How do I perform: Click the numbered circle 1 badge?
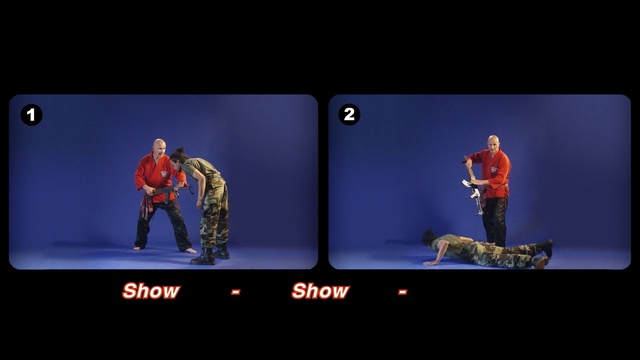[x=31, y=115]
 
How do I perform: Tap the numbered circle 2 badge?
[x=349, y=114]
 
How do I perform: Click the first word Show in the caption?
[x=151, y=291]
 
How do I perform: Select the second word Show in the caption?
[x=320, y=291]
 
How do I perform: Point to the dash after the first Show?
[x=236, y=291]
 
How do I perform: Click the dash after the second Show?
[x=402, y=291]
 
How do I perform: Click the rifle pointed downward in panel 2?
[x=474, y=187]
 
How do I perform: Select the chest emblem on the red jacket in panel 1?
[x=164, y=174]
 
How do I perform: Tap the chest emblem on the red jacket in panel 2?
[x=495, y=170]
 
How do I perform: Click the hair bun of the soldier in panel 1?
[x=179, y=150]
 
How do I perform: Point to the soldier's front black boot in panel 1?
[x=203, y=257]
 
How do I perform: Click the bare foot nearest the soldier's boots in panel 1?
[x=189, y=250]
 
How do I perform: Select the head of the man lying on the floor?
[x=429, y=237]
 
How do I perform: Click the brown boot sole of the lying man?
[x=541, y=262]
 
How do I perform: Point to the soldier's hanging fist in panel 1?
[x=199, y=203]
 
